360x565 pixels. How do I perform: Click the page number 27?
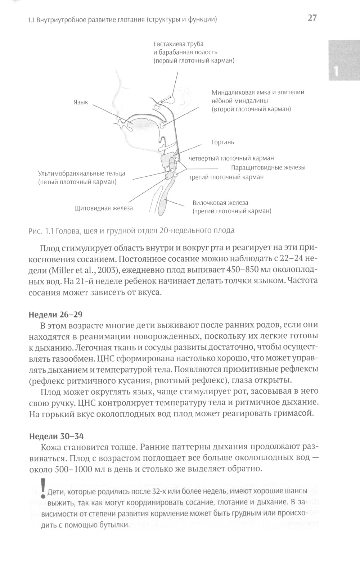[x=312, y=18]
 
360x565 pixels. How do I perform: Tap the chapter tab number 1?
[x=336, y=71]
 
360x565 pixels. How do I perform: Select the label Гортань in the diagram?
[x=223, y=142]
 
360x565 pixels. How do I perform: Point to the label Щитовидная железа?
[x=103, y=208]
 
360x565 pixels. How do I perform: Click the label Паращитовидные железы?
[x=268, y=168]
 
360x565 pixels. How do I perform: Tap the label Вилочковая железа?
[x=220, y=203]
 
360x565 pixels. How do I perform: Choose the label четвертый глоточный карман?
[x=231, y=158]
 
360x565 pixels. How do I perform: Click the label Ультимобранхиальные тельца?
[x=82, y=173]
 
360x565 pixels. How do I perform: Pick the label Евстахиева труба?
[x=178, y=44]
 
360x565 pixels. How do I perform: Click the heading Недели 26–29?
[x=55, y=315]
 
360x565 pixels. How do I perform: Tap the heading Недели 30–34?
[x=56, y=436]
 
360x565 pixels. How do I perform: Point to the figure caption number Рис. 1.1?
[x=41, y=231]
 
